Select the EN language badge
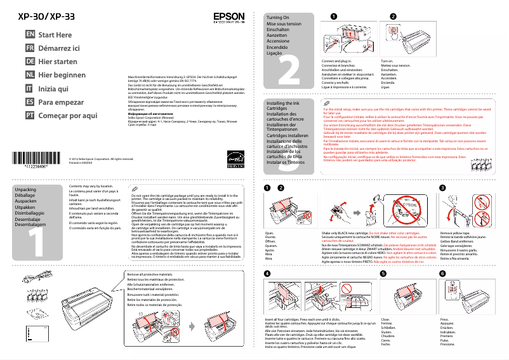29,35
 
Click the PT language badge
29,115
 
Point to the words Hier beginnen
62,75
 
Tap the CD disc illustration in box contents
36,313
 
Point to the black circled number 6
442,273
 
